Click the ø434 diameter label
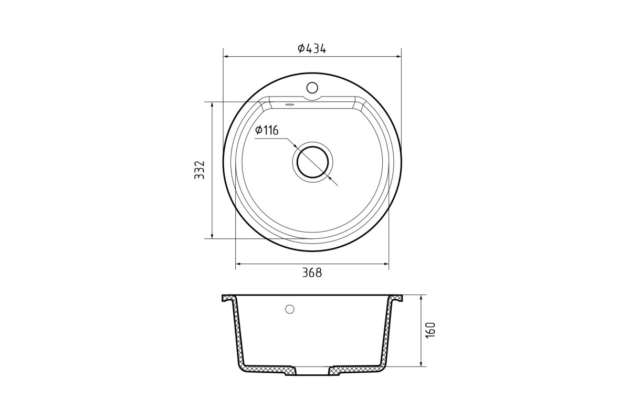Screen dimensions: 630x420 (312, 49)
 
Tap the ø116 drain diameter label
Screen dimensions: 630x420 (267, 130)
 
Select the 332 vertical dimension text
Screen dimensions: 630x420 (199, 170)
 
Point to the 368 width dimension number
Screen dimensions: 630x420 (312, 273)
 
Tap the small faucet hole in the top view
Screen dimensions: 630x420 (312, 88)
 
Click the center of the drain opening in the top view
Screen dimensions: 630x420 (312, 162)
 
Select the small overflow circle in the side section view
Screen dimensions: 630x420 (289, 309)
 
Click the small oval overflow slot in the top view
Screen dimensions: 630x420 (289, 104)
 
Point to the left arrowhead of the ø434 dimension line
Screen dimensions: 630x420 (226, 57)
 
